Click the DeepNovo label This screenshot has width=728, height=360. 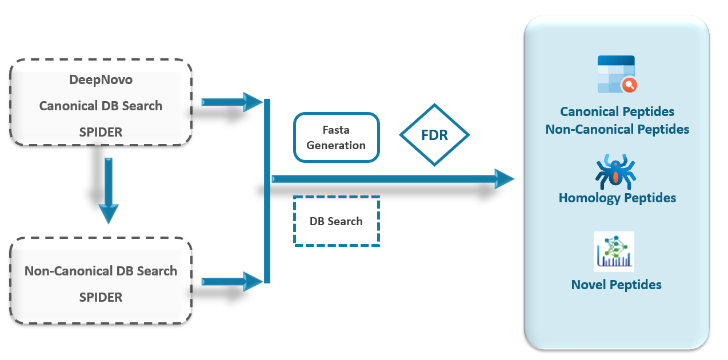(x=101, y=80)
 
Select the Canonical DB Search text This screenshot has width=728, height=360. (x=101, y=106)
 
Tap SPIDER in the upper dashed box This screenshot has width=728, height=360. (x=101, y=132)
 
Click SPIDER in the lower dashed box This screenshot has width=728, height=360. (x=101, y=297)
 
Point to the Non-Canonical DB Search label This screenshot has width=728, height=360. (x=101, y=271)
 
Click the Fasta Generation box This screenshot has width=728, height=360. (x=337, y=138)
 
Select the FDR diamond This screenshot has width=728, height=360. (x=434, y=135)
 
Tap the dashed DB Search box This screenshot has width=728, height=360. (x=337, y=221)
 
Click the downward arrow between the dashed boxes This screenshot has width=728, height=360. (x=109, y=191)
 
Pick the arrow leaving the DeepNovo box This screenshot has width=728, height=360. (x=232, y=102)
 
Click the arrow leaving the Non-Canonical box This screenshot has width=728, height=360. (x=232, y=281)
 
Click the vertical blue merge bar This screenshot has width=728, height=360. (x=267, y=191)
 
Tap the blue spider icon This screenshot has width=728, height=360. (x=615, y=171)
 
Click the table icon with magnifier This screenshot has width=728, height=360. (x=617, y=74)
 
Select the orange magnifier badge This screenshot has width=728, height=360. (x=630, y=85)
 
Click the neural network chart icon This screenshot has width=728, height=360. (x=614, y=251)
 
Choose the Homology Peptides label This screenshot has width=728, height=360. (x=617, y=198)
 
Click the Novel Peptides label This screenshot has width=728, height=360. (x=616, y=285)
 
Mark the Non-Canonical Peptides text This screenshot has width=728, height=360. (x=617, y=129)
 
